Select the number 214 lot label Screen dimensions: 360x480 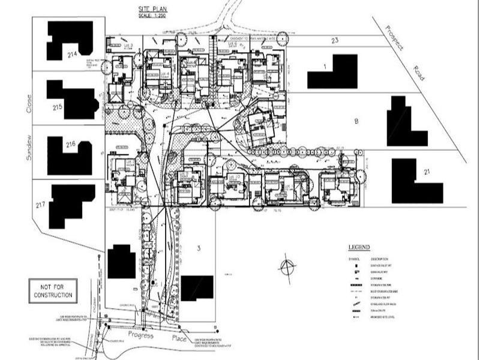73,54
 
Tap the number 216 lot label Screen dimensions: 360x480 70,145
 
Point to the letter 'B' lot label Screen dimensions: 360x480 356,121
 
